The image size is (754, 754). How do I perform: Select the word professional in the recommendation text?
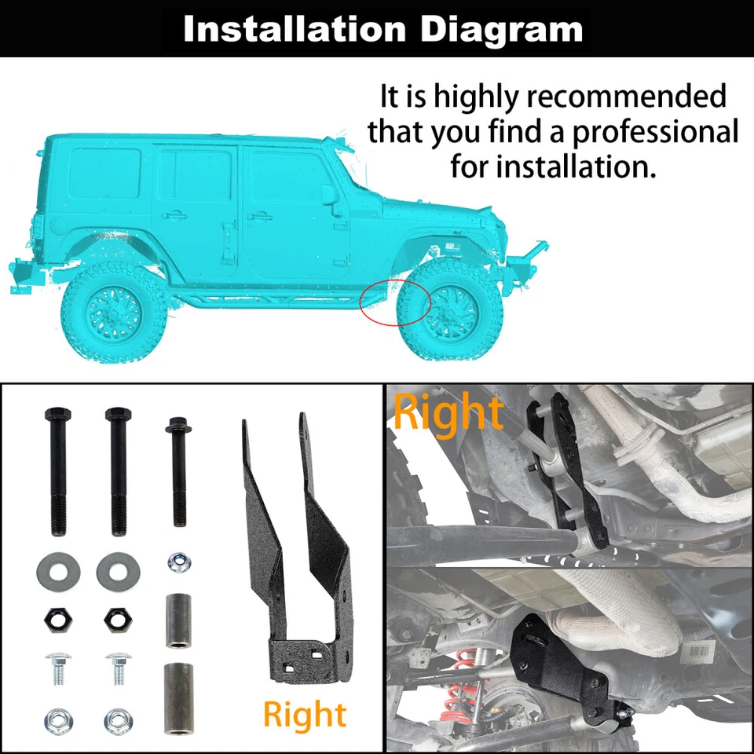pyautogui.click(x=655, y=131)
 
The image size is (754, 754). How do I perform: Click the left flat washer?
pyautogui.click(x=57, y=573)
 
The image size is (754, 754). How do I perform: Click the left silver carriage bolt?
pyautogui.click(x=57, y=667)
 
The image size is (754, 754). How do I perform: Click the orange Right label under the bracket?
pyautogui.click(x=304, y=714)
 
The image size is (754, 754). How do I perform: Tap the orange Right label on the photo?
pyautogui.click(x=447, y=413)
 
